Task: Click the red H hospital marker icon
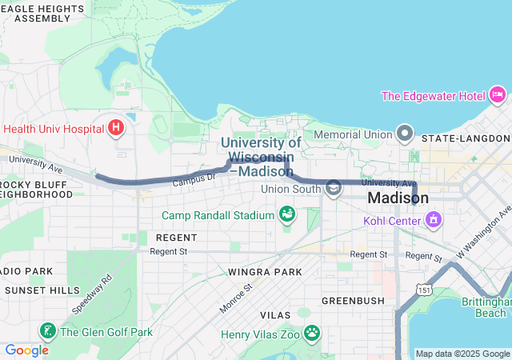coord(116,128)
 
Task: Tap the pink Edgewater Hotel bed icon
coord(498,95)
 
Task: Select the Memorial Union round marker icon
coord(406,133)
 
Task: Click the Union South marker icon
coord(333,189)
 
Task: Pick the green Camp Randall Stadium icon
coord(286,214)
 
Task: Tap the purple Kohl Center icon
coord(434,218)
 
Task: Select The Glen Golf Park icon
coord(48,332)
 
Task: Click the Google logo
coord(26,350)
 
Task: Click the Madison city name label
coord(398,198)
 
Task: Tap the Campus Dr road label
coord(194,180)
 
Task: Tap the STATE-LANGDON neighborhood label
coord(465,138)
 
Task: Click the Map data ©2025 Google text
coord(462,354)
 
